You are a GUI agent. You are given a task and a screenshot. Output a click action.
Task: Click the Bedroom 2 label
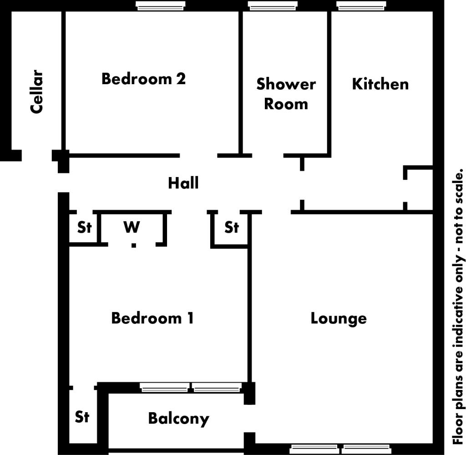[x=143, y=79]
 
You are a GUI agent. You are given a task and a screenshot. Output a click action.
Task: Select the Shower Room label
[x=286, y=94]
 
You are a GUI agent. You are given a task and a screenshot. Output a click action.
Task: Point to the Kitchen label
[x=380, y=84]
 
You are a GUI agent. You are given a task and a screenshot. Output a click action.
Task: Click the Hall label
[x=183, y=183]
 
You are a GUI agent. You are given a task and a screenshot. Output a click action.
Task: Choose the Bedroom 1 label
[x=152, y=318]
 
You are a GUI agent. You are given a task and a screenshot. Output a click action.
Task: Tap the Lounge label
[x=338, y=318]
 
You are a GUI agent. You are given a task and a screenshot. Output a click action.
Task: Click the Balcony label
[x=178, y=418]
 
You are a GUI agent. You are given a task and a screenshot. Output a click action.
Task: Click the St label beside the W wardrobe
[x=84, y=227]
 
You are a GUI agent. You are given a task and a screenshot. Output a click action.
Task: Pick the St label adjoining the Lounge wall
[x=232, y=227]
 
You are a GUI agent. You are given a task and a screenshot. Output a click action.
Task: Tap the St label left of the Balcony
[x=82, y=417]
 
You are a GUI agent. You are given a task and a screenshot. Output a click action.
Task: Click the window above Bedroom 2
[x=160, y=5]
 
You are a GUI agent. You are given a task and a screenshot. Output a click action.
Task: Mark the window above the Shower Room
[x=273, y=5]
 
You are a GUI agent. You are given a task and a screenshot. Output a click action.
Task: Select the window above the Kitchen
[x=361, y=5]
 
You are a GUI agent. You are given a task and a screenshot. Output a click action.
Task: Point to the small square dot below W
[x=134, y=246]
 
